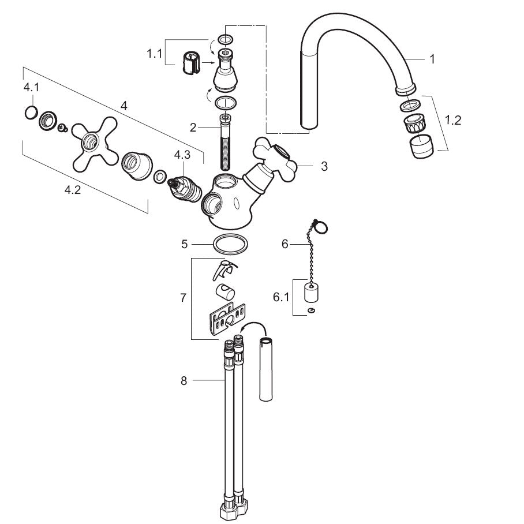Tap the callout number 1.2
(x=454, y=120)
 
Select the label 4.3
(x=182, y=155)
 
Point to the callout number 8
(x=184, y=380)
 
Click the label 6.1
(x=281, y=297)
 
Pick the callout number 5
(x=185, y=244)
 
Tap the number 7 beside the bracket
(x=183, y=298)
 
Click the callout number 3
(x=324, y=166)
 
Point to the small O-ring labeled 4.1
(x=31, y=113)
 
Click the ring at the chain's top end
(x=322, y=228)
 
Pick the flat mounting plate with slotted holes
(x=225, y=320)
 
